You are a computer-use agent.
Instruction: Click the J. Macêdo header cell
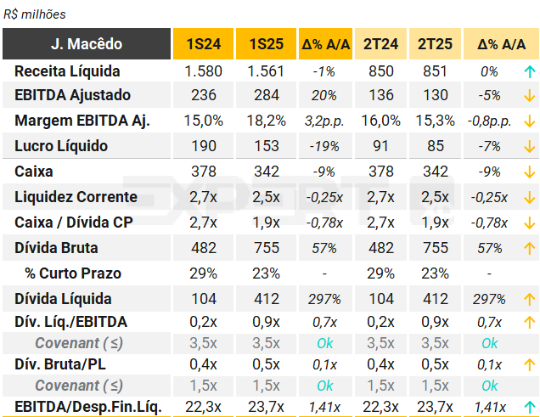pos(86,44)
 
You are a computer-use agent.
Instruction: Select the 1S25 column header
pos(266,44)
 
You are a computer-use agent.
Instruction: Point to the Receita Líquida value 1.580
pos(203,71)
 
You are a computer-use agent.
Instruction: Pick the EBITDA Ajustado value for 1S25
pos(266,95)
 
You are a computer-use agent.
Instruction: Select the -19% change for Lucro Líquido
pos(323,146)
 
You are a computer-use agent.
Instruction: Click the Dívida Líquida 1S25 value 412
pos(266,299)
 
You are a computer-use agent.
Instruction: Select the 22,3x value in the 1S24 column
pos(203,407)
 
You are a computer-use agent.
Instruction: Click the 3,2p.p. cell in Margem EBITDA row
pos(323,121)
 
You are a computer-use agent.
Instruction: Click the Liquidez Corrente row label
pos(76,197)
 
